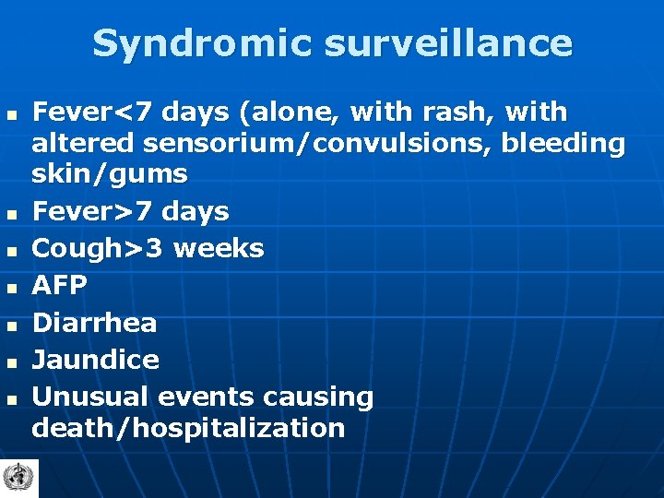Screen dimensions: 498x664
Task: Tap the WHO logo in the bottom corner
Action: (x=17, y=478)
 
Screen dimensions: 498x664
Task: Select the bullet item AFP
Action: (x=59, y=286)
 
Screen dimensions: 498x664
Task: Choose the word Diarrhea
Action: (x=94, y=323)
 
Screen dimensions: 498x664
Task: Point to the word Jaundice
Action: (x=95, y=360)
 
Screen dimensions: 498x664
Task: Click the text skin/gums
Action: (x=109, y=173)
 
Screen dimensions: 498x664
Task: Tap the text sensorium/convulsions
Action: (x=310, y=143)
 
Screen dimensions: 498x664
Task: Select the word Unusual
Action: (x=91, y=397)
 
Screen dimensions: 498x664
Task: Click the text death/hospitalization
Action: (x=188, y=428)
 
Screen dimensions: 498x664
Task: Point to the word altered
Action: (x=82, y=143)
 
